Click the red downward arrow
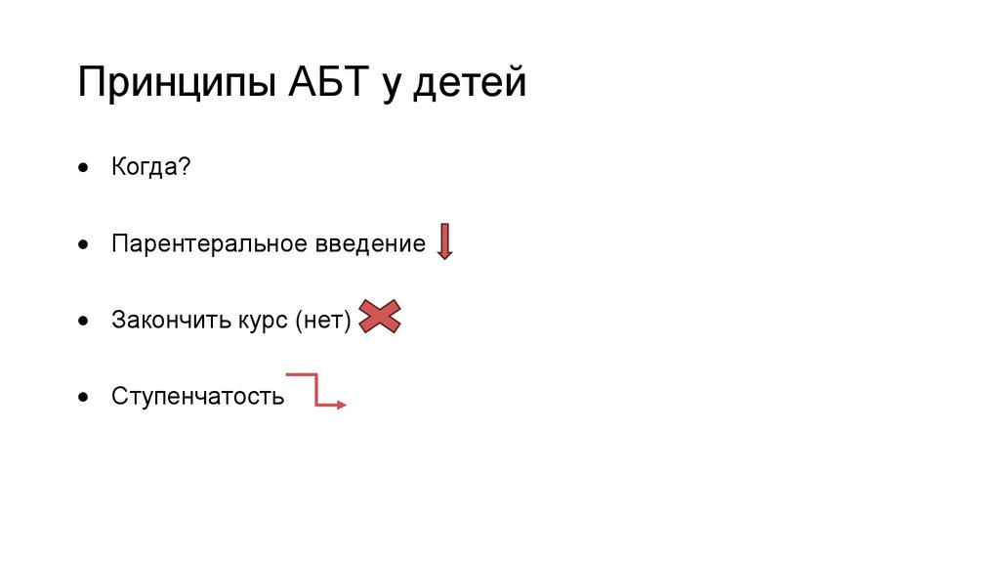pyautogui.click(x=444, y=241)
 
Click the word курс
pyautogui.click(x=258, y=320)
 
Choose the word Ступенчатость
pyautogui.click(x=197, y=397)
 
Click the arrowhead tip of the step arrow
pyautogui.click(x=343, y=405)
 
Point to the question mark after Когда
pyautogui.click(x=186, y=167)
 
